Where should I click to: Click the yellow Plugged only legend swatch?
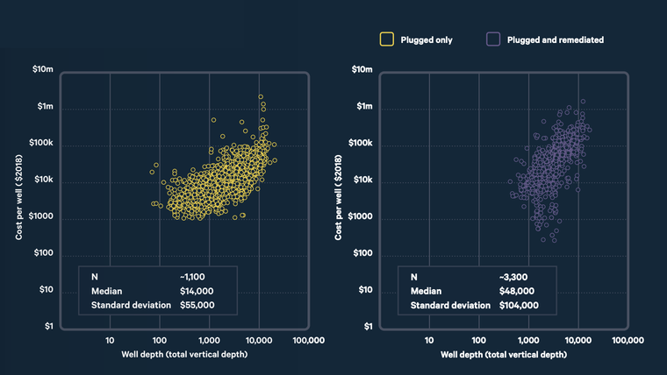[386, 39]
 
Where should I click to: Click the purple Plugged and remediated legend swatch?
[493, 39]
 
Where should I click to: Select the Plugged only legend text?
[427, 39]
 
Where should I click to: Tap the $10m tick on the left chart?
[43, 69]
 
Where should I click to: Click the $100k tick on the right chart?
[360, 143]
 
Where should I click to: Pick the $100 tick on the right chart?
[362, 253]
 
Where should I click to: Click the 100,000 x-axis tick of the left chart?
[308, 340]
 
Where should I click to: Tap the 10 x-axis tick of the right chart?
[429, 340]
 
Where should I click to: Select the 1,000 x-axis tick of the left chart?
[209, 340]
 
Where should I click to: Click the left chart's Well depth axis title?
[184, 355]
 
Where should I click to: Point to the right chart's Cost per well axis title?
[339, 198]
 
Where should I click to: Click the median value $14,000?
[197, 291]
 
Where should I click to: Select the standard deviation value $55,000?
[197, 306]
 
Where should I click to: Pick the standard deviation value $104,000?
[519, 306]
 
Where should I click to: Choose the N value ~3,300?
[513, 277]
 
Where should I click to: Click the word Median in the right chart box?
[426, 291]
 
